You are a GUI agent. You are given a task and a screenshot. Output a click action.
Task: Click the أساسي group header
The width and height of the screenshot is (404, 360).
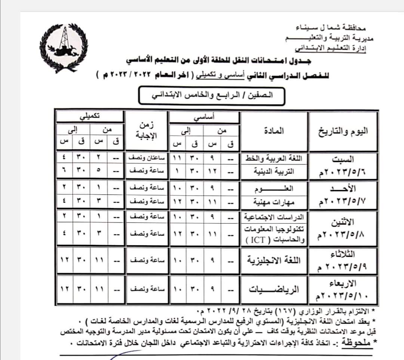point(204,117)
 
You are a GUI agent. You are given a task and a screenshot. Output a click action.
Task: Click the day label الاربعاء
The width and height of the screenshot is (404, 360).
point(342,282)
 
